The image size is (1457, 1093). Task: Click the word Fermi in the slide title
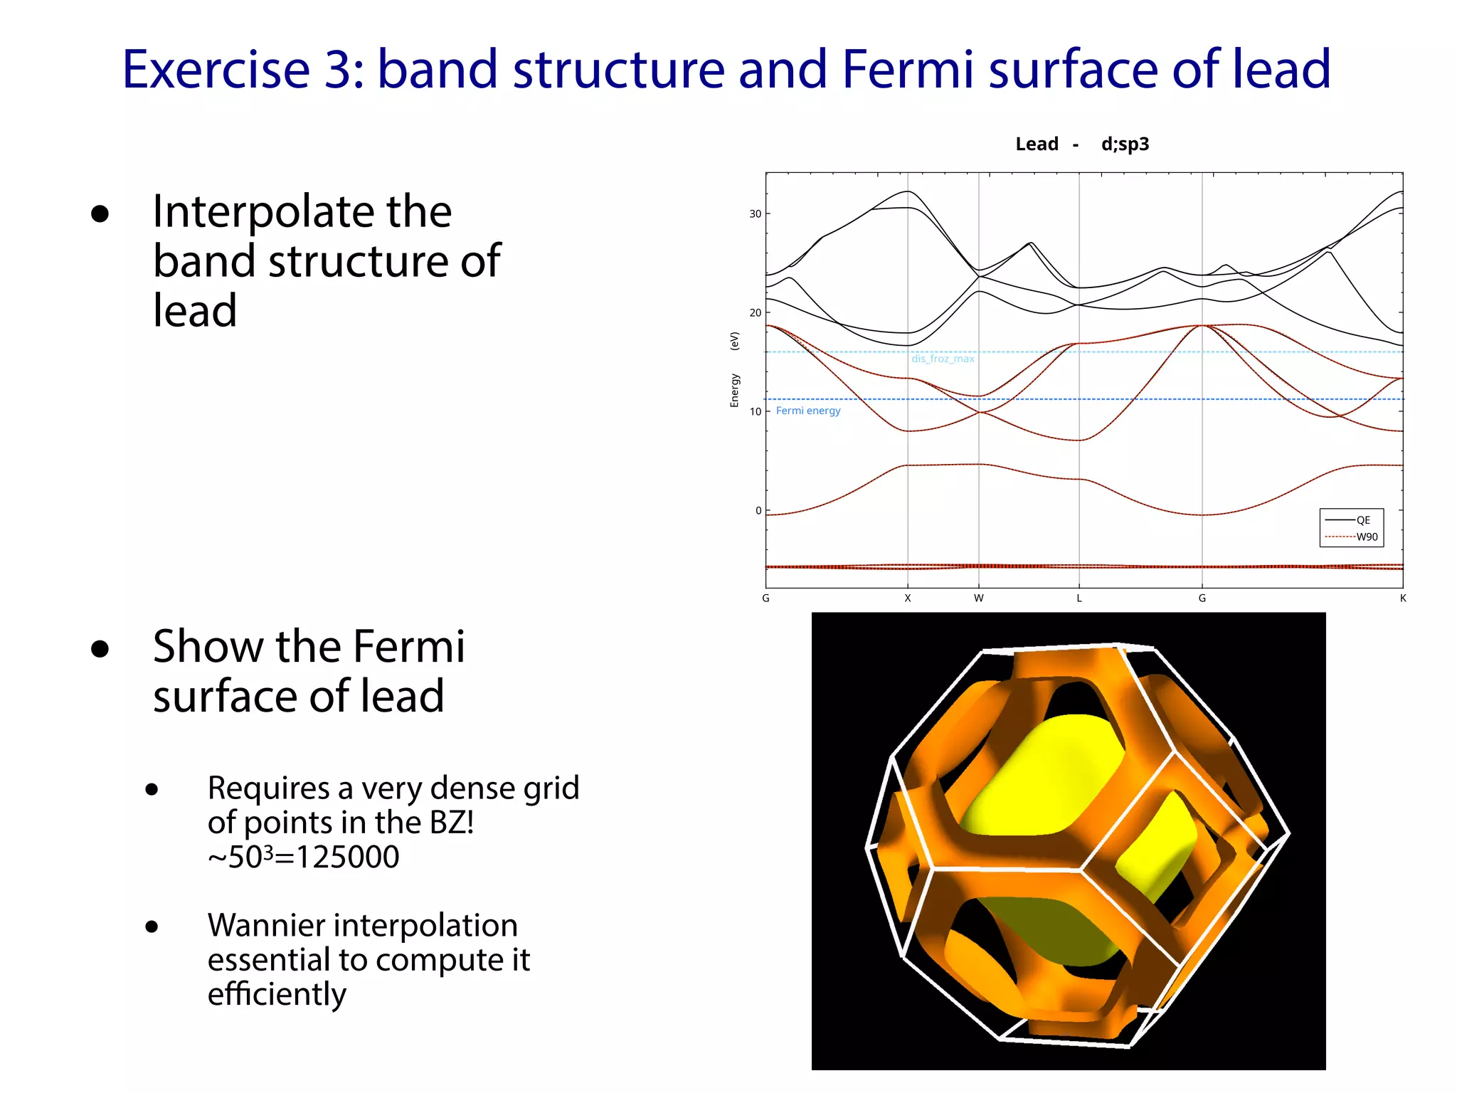point(907,70)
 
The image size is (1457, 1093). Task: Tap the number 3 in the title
point(338,70)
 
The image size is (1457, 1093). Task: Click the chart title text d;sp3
point(1125,144)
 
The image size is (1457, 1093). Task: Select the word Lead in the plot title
point(1037,144)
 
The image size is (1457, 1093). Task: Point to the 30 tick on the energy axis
point(755,214)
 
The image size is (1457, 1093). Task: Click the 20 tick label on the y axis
point(755,313)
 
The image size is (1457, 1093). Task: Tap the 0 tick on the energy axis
point(758,511)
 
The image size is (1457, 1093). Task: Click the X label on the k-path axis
point(908,598)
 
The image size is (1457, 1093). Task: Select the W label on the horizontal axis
point(979,598)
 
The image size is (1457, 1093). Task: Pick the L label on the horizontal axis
point(1079,598)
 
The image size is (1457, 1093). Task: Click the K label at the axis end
point(1403,598)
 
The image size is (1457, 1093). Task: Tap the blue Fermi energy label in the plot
point(808,411)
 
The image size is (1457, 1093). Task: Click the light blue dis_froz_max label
point(943,359)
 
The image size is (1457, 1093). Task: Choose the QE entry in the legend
point(1362,520)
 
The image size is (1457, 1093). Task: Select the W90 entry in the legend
point(1366,537)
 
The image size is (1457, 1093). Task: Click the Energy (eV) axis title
point(735,370)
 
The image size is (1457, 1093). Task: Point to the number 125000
point(348,857)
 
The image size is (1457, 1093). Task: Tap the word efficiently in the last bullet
point(277,994)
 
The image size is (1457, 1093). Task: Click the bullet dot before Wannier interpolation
point(152,926)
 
